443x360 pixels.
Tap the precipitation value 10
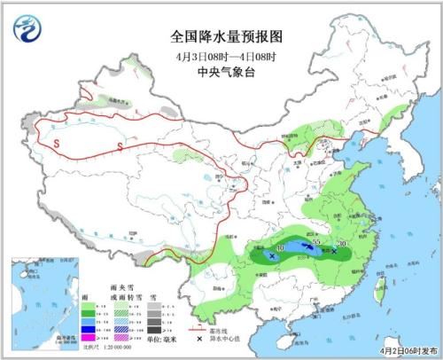pyautogui.click(x=281, y=248)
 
